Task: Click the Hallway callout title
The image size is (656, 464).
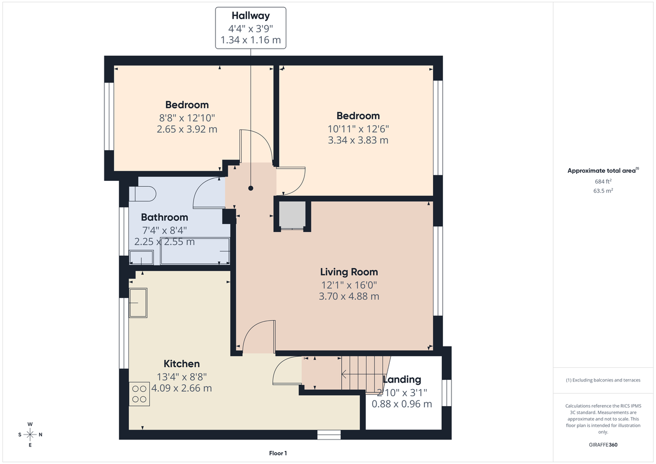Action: tap(250, 16)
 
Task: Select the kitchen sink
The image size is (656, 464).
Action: tap(138, 303)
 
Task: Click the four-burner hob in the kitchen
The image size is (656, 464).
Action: tap(139, 394)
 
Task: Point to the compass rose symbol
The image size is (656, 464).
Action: tap(30, 434)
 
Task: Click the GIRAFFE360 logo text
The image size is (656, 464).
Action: tap(604, 445)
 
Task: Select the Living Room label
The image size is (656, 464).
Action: tap(349, 272)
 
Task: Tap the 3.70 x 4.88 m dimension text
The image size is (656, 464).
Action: tap(349, 296)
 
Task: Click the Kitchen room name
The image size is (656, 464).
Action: tap(181, 363)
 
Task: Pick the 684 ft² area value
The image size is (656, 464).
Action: tap(603, 181)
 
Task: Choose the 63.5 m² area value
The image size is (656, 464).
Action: tap(603, 191)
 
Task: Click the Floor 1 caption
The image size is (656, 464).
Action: tap(278, 453)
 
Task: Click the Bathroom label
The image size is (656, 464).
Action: tap(164, 217)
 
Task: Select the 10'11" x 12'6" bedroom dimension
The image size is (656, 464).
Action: tap(358, 128)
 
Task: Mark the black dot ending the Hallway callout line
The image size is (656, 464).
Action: tap(251, 188)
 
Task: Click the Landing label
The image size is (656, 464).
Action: tap(401, 379)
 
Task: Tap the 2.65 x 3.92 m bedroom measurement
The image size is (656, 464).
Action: tap(187, 129)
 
